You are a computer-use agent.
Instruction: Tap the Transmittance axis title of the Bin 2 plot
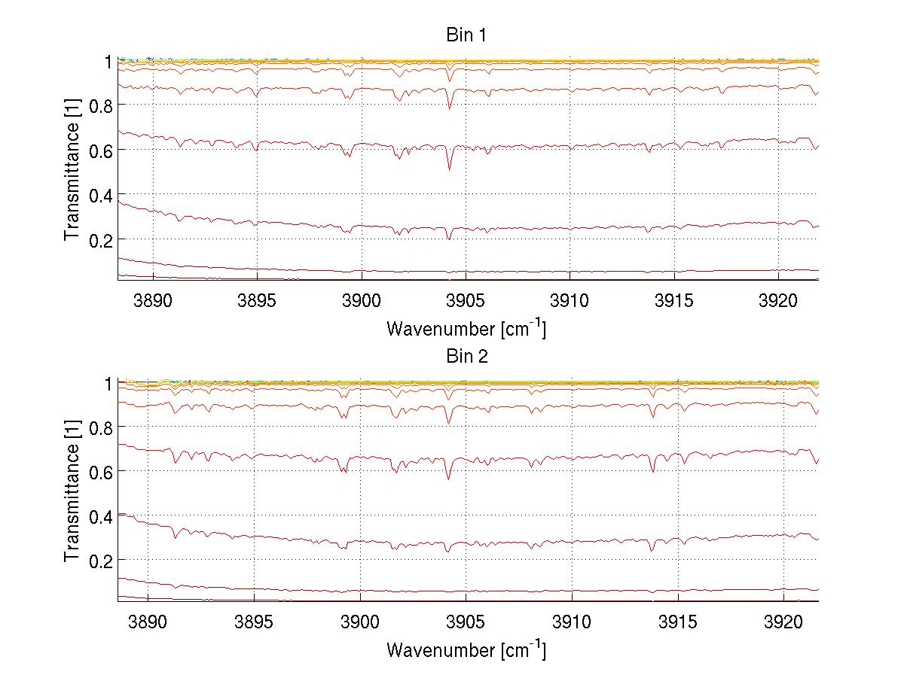72,492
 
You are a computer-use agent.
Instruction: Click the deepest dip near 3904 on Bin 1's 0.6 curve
449,169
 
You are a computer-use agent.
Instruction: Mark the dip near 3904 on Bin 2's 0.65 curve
448,479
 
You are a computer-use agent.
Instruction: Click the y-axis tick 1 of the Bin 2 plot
108,383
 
